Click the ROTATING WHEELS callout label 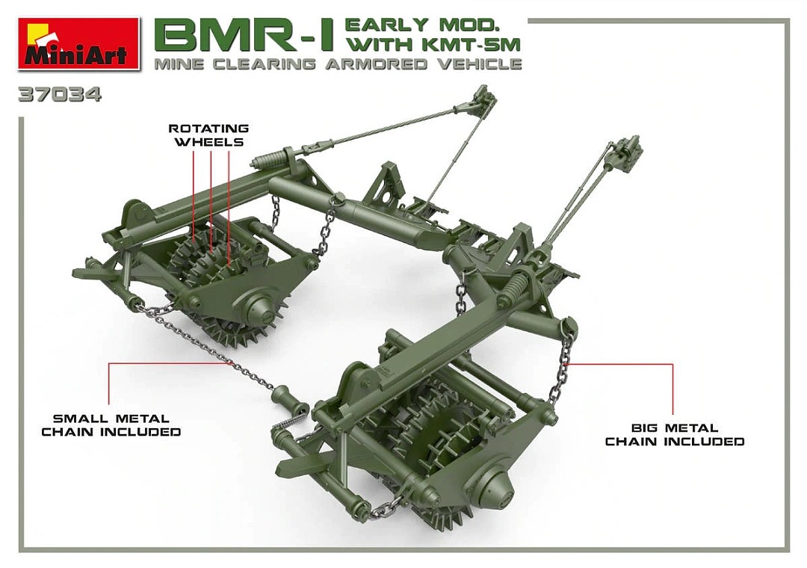(x=208, y=135)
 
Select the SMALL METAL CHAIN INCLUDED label (x=111, y=425)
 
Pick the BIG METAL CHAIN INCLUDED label (x=674, y=435)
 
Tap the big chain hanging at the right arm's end (x=562, y=366)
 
